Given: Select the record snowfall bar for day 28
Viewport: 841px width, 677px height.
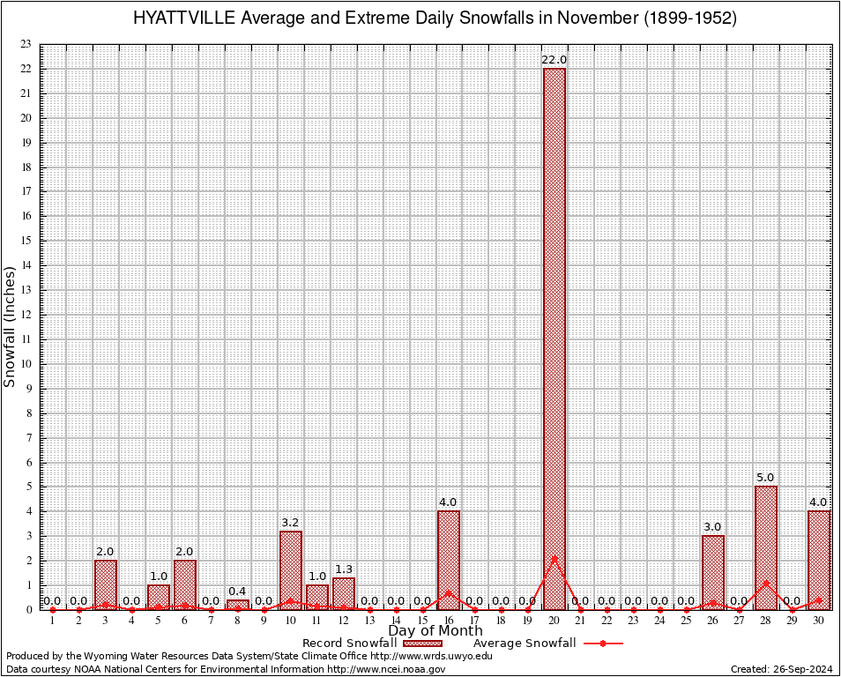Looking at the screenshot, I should pyautogui.click(x=766, y=547).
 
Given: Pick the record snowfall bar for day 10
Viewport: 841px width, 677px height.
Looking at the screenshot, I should pyautogui.click(x=291, y=569).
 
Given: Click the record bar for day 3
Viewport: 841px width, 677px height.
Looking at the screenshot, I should pyautogui.click(x=106, y=584).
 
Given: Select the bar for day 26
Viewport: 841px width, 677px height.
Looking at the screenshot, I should pyautogui.click(x=713, y=572).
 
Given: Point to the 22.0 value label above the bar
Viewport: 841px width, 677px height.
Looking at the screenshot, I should pyautogui.click(x=554, y=60).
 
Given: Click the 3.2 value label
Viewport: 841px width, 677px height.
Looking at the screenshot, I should pyautogui.click(x=291, y=523).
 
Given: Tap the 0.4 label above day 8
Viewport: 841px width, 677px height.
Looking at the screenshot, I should pyautogui.click(x=237, y=591).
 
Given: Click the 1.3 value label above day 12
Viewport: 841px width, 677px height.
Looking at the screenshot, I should pyautogui.click(x=344, y=569).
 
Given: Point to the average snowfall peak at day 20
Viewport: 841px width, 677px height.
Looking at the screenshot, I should pyautogui.click(x=554, y=557).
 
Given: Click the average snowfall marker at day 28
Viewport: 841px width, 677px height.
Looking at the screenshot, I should pyautogui.click(x=766, y=583).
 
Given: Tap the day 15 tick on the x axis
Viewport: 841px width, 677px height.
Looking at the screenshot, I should pyautogui.click(x=422, y=621).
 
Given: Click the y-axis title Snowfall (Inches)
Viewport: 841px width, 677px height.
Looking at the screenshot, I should pyautogui.click(x=11, y=327).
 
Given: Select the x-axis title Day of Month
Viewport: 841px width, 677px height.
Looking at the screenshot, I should pyautogui.click(x=435, y=631).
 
